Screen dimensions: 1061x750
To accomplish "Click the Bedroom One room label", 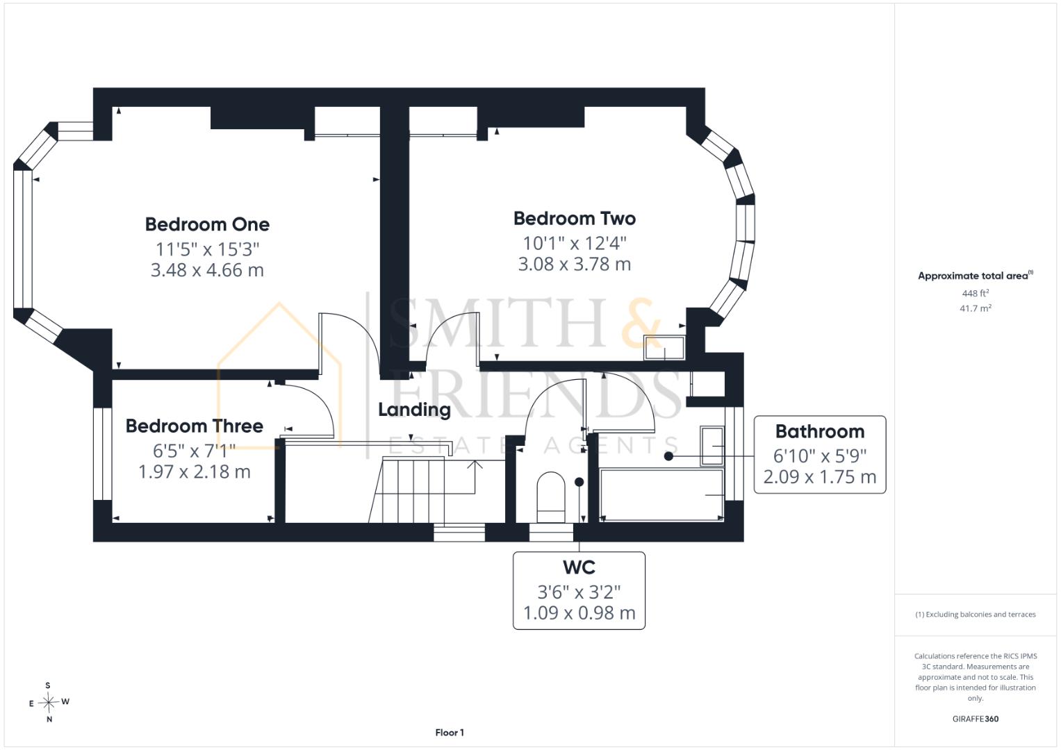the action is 207,224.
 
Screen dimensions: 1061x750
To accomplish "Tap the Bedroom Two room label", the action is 575,218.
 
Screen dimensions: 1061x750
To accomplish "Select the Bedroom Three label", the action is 194,426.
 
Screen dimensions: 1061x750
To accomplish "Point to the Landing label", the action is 414,410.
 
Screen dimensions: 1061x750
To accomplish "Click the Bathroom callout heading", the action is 820,431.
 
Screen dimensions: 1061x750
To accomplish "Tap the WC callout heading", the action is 579,567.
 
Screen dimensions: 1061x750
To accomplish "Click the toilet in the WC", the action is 551,497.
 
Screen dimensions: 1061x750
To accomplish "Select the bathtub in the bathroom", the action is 661,494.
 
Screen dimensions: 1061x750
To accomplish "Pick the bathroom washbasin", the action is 712,446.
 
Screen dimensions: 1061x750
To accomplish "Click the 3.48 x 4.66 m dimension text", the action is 207,270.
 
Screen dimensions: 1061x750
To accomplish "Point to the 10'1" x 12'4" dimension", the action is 575,243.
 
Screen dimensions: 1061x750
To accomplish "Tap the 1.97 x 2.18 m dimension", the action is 194,472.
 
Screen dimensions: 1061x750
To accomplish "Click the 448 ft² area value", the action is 976,293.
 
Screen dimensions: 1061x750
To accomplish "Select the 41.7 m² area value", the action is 976,308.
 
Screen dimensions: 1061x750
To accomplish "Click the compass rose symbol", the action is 49,702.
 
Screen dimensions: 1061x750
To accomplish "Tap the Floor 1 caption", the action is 450,733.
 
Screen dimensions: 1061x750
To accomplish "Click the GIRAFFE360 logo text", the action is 976,719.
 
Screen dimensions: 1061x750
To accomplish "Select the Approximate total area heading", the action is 976,276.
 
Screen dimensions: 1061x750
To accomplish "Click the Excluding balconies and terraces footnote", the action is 976,615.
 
